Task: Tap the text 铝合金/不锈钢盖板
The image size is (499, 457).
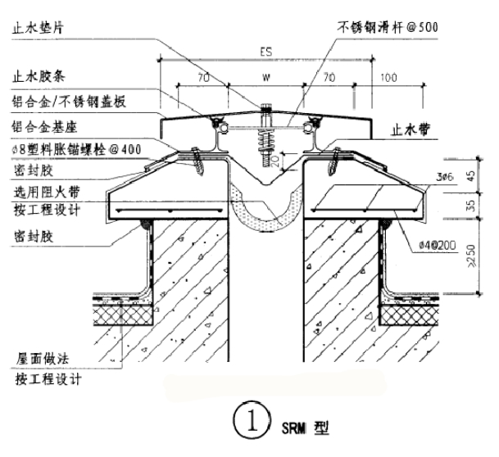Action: click(69, 104)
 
